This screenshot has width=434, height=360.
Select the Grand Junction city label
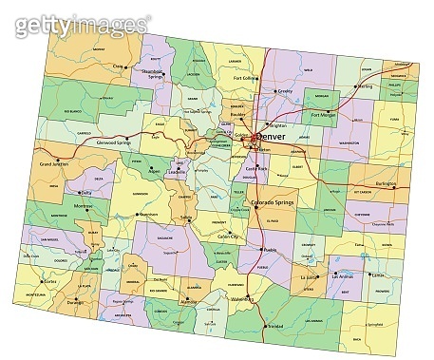coord(56,165)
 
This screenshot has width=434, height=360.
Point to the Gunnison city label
coord(147,215)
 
